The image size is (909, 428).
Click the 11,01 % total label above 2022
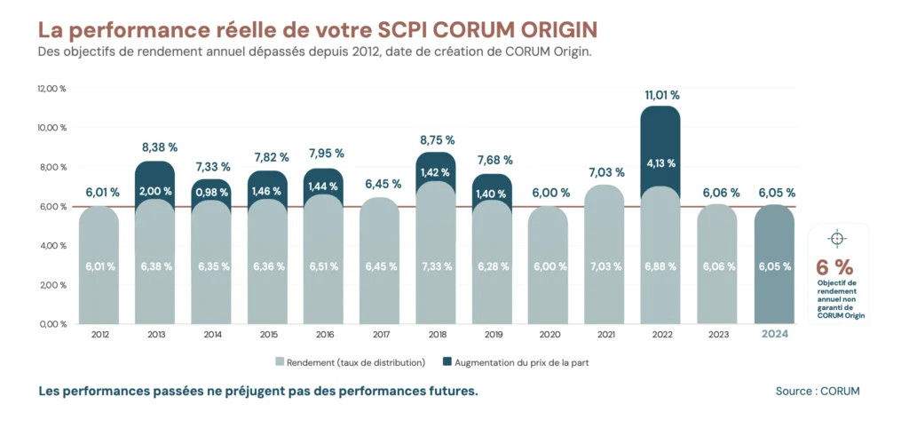660,94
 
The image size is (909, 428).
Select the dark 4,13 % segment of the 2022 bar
660,163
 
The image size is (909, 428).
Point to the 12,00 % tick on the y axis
52,89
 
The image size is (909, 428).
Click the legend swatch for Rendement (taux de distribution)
281,362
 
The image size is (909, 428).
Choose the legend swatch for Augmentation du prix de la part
447,362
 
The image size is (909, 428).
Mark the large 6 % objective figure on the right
834,266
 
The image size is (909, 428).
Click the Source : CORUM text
817,391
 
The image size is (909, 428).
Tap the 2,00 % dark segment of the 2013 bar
155,191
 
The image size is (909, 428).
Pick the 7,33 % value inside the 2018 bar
436,266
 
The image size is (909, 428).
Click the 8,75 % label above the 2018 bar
436,140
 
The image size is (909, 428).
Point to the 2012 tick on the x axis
99,335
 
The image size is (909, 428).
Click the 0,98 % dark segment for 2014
212,191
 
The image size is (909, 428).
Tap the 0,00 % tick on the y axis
52,324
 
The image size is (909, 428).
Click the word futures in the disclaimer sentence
452,392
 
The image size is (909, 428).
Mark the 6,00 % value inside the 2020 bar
548,266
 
